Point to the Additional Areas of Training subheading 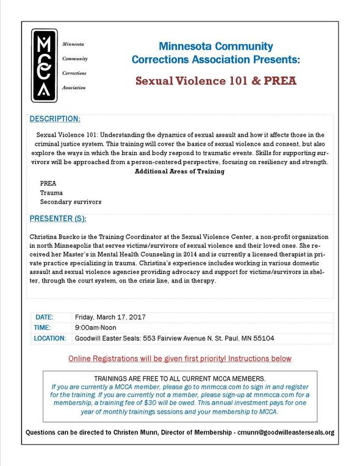click(180, 171)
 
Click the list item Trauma click(51, 192)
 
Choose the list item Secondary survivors click(71, 201)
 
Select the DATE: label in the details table click(45, 317)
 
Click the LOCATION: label click(50, 338)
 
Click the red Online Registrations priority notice click(180, 358)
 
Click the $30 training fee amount click(170, 404)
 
